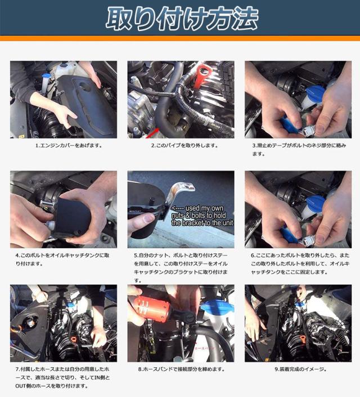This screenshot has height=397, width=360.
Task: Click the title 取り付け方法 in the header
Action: point(182,18)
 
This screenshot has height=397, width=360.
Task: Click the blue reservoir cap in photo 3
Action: point(314,93)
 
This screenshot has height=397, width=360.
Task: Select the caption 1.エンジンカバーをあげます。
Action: point(69,146)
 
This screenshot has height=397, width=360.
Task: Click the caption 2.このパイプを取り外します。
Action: point(184,146)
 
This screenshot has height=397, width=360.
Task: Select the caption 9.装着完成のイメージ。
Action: point(300,369)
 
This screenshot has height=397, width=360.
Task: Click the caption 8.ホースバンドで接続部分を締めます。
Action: point(181,369)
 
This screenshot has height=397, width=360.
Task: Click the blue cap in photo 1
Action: point(46,75)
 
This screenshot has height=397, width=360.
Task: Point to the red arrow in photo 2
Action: point(152,133)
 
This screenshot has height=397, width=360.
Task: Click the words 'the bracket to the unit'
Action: point(202,223)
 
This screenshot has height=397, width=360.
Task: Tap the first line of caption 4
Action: point(62,255)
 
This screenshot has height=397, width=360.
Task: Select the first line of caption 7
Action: point(62,369)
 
